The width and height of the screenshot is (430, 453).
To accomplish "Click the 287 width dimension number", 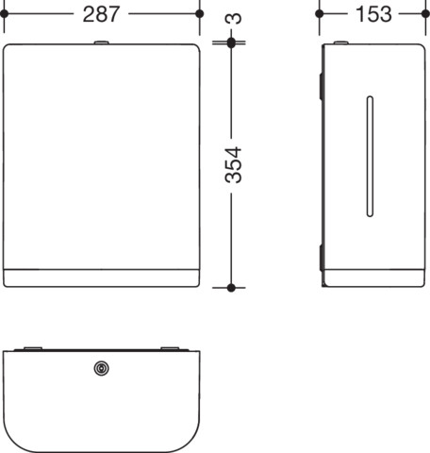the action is pos(101,14).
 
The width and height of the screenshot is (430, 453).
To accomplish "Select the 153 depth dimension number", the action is pos(373,14).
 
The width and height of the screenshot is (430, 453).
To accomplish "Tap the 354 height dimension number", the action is pos(234,165).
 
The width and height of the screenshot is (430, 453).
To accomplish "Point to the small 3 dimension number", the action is pos(234,19).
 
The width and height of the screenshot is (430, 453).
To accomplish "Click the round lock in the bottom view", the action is pos(102,368).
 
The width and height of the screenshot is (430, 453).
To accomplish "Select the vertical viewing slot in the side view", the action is pos(370,157).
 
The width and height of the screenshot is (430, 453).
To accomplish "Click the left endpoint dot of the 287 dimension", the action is pos(5,14).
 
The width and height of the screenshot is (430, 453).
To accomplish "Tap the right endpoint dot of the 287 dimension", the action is pos(200,14).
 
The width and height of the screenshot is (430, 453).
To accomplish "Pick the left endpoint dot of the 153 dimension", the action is pos(320,14).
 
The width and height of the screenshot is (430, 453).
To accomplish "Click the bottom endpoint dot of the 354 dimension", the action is pos(231,288).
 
